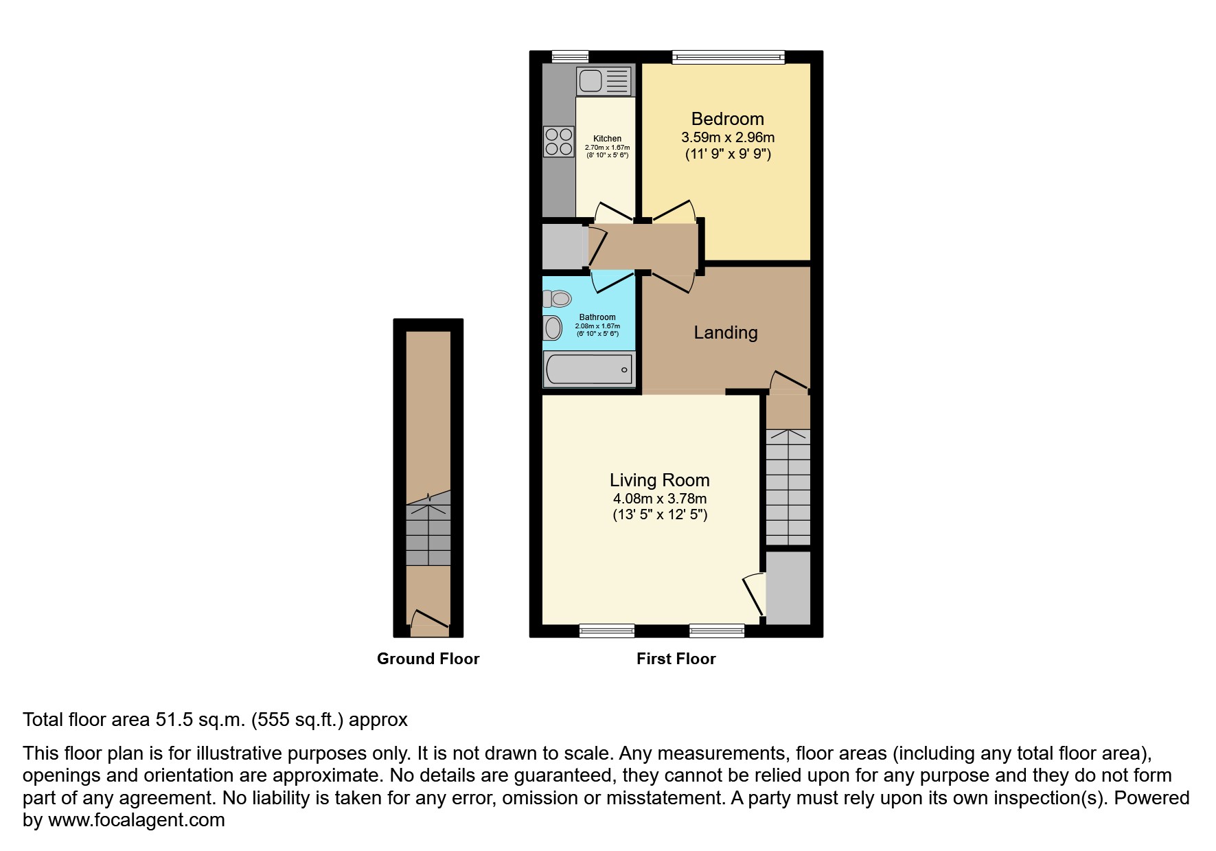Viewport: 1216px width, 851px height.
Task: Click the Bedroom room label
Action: pyautogui.click(x=727, y=119)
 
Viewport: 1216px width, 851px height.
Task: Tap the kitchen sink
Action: pyautogui.click(x=604, y=81)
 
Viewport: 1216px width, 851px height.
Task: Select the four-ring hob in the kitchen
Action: pyautogui.click(x=558, y=141)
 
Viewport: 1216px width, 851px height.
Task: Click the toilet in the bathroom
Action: pyautogui.click(x=558, y=299)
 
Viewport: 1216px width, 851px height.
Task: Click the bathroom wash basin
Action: pyautogui.click(x=553, y=328)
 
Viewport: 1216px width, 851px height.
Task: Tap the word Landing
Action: pyautogui.click(x=725, y=332)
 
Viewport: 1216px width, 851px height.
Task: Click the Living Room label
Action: pyautogui.click(x=659, y=480)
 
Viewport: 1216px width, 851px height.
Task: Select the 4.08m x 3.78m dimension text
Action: pyautogui.click(x=659, y=499)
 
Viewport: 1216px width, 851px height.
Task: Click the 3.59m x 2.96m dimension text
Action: pyautogui.click(x=727, y=137)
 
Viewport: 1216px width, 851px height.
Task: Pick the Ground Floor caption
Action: pyautogui.click(x=428, y=659)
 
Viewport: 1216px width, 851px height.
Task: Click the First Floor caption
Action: pyautogui.click(x=676, y=659)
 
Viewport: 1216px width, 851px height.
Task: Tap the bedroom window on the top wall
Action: pyautogui.click(x=728, y=58)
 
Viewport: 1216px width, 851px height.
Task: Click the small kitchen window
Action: pyautogui.click(x=570, y=57)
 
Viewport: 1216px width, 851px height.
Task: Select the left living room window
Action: pyautogui.click(x=606, y=630)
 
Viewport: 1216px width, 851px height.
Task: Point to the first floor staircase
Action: pyautogui.click(x=788, y=486)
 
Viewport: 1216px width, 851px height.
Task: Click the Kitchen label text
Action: pyautogui.click(x=607, y=139)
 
